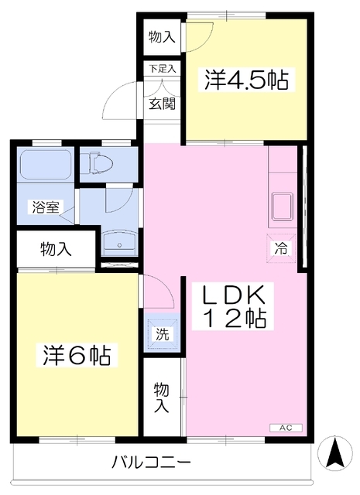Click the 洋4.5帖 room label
pos(246,80)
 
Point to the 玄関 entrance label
pos(162,102)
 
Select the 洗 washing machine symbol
pos(160,335)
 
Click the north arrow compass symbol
pos(335,452)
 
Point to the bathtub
pos(45,166)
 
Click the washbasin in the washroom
pos(119,244)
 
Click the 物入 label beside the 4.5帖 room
pos(163,36)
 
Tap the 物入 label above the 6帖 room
pos(56,249)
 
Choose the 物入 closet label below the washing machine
pos(162,397)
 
